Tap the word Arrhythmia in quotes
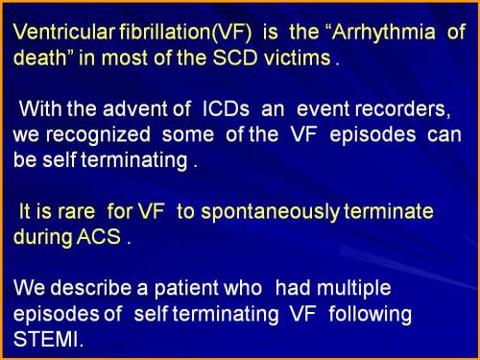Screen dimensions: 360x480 [x=375, y=33]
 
